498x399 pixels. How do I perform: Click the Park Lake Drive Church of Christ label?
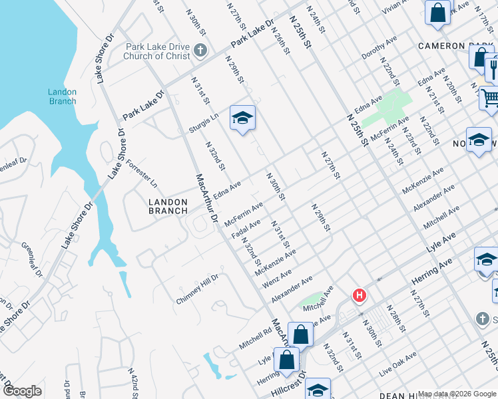pos(156,52)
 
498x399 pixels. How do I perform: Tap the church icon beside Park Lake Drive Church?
pos(199,51)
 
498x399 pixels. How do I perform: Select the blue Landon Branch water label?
pos(63,96)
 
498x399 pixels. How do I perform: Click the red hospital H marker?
pos(360,295)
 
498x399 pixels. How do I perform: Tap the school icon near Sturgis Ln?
pos(242,118)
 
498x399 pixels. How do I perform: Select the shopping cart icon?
pos(490,98)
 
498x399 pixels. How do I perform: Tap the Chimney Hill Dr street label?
pos(197,289)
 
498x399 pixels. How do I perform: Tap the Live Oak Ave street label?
pos(398,363)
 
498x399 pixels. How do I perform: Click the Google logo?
pos(22,391)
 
